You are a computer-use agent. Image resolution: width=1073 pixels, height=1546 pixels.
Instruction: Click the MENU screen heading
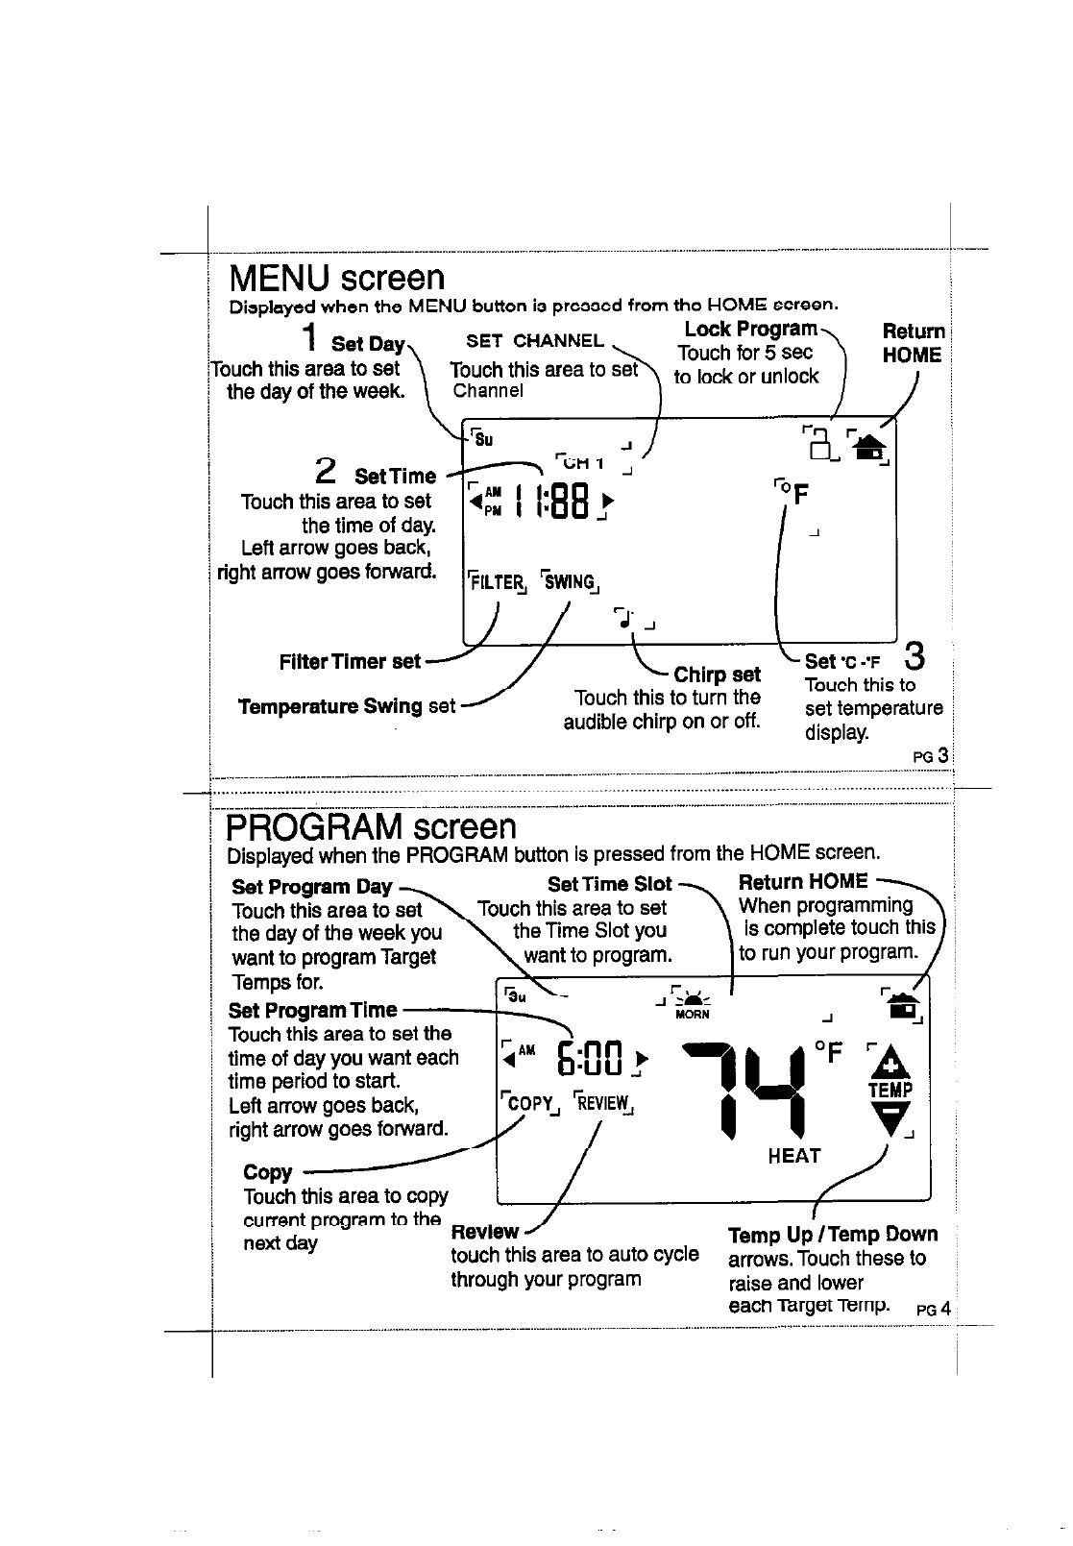pyautogui.click(x=336, y=279)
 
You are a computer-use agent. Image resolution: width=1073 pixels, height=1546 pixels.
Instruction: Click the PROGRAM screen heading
pyautogui.click(x=371, y=826)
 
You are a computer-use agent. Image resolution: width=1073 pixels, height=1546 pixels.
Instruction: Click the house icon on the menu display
pyautogui.click(x=870, y=447)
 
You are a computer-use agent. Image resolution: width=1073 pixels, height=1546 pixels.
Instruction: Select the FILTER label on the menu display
pyautogui.click(x=495, y=580)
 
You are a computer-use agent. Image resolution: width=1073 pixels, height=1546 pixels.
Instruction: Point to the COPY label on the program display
pyautogui.click(x=528, y=1103)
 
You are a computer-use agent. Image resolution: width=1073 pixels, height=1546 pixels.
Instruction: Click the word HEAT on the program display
pyautogui.click(x=794, y=1156)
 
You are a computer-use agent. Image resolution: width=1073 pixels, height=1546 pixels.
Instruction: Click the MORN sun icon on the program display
pyautogui.click(x=692, y=1000)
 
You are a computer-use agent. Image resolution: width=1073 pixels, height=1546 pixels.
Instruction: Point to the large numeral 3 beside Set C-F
pyautogui.click(x=915, y=658)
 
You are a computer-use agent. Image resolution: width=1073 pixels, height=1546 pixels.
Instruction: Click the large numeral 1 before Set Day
pyautogui.click(x=309, y=339)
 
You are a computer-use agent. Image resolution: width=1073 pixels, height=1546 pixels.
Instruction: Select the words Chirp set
pyautogui.click(x=717, y=674)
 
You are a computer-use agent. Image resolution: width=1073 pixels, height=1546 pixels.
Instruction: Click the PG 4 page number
pyautogui.click(x=933, y=1309)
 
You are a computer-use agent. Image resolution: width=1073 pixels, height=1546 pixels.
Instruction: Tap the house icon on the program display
pyautogui.click(x=903, y=1002)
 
